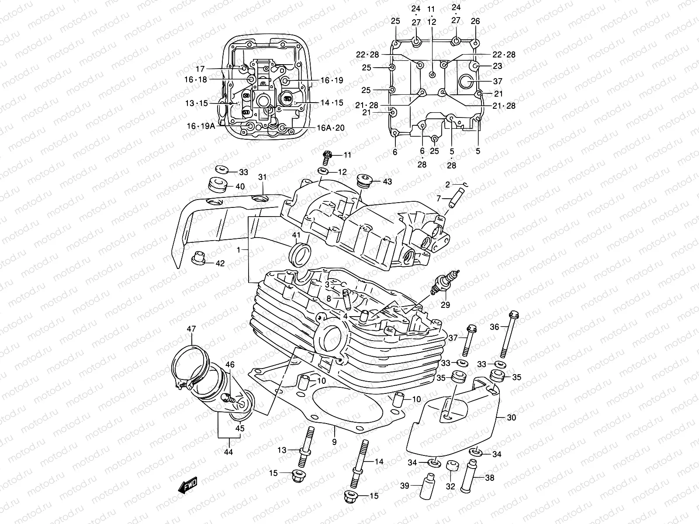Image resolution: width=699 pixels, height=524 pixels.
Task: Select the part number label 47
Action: (x=191, y=329)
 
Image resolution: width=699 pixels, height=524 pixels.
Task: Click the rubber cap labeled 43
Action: (x=363, y=180)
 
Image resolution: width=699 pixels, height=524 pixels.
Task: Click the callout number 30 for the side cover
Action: (x=511, y=417)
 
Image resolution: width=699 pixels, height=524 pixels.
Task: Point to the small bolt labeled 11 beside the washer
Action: (x=328, y=155)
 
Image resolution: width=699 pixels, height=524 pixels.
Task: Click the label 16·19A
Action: (x=201, y=126)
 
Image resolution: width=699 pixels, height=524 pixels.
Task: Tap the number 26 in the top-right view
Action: (x=475, y=21)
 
